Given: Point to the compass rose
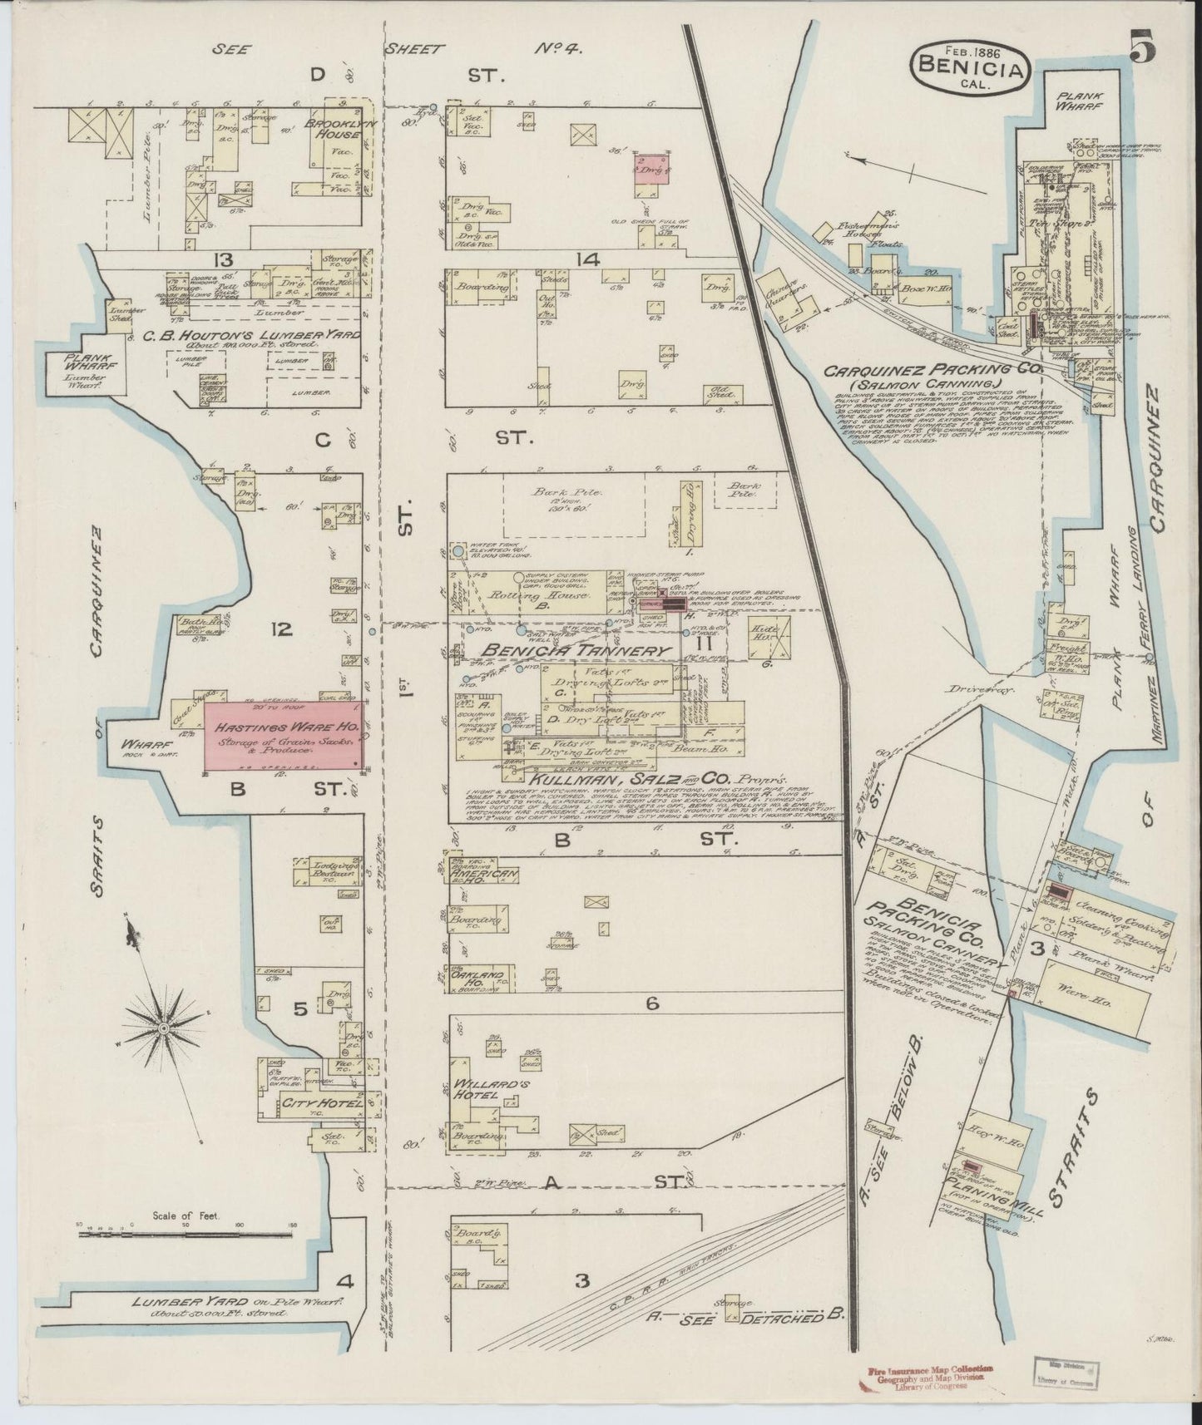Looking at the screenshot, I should pos(164,1029).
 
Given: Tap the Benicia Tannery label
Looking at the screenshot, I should pos(558,651).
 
